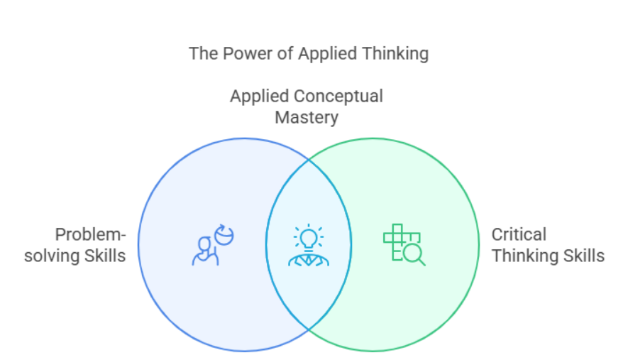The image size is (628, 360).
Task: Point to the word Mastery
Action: click(x=307, y=117)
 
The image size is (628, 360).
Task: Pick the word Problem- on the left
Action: click(x=90, y=235)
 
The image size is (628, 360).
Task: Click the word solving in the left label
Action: click(x=50, y=256)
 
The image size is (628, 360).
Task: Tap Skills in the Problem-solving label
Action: click(x=102, y=256)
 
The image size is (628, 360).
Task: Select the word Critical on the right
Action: click(x=519, y=235)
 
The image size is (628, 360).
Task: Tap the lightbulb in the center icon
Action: click(x=309, y=236)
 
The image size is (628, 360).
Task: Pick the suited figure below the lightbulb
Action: click(x=309, y=258)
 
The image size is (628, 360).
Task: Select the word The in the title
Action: click(x=202, y=53)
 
